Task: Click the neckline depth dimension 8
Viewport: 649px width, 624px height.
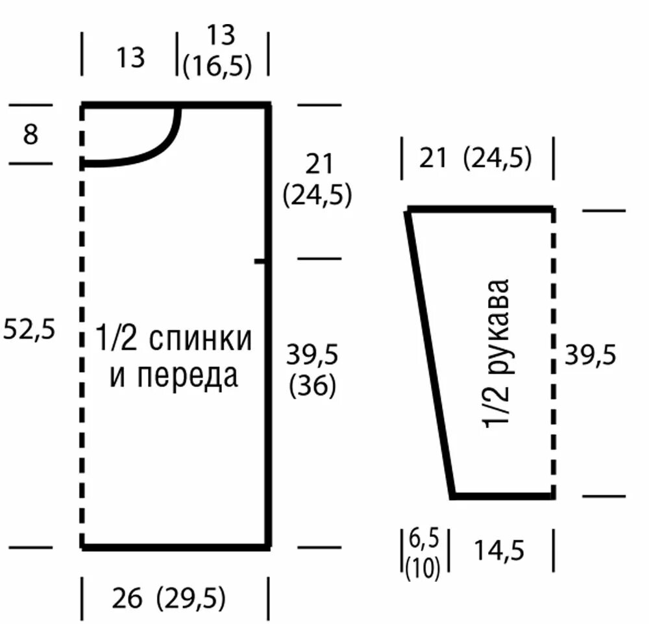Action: (31, 134)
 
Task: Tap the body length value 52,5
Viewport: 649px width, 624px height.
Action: (29, 330)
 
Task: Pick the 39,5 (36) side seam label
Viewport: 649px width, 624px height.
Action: (312, 371)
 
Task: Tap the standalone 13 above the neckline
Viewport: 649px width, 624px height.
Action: (130, 58)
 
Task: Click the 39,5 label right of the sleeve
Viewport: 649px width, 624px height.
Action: (589, 355)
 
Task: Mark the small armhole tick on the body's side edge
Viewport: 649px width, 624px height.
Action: (261, 261)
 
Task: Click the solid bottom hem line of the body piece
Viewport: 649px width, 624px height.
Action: (175, 547)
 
